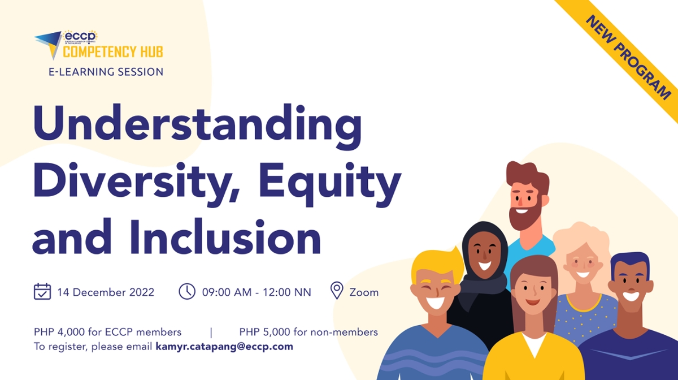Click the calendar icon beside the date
[x=42, y=292]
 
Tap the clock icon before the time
[x=187, y=292]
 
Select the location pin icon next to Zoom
[x=337, y=291]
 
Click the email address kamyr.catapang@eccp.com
[x=224, y=347]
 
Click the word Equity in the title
[x=329, y=184]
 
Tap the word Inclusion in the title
[x=225, y=236]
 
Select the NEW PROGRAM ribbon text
[x=628, y=58]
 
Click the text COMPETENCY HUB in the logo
[x=113, y=51]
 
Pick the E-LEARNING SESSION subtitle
[x=106, y=72]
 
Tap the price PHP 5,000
[x=264, y=332]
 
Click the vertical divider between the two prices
[x=211, y=332]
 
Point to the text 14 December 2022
[x=106, y=292]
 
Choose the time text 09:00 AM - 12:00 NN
[x=257, y=292]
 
